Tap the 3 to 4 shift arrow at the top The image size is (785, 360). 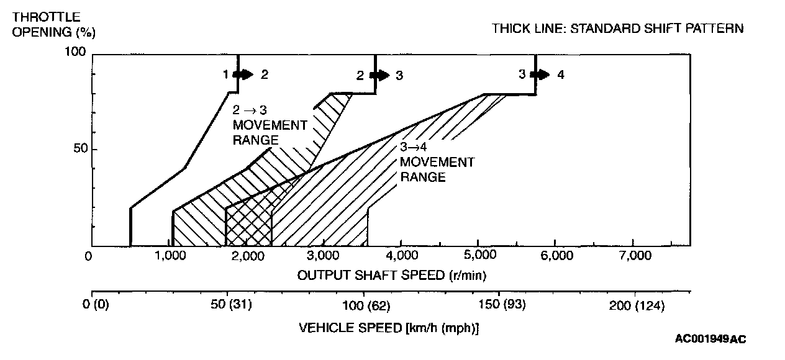pos(540,74)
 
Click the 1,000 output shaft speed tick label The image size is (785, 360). pos(170,256)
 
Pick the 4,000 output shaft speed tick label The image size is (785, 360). pos(401,256)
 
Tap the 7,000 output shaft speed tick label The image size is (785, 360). pos(632,256)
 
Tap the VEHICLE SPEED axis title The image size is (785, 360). pos(389,327)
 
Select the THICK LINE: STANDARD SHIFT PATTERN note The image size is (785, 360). pos(617,29)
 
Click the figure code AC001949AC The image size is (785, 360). pos(710,339)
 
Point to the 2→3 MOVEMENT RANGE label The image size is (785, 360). pos(270,125)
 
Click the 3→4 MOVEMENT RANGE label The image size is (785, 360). pos(437,163)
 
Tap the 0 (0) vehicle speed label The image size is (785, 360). pos(96,305)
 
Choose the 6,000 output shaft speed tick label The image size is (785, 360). pos(555,256)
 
